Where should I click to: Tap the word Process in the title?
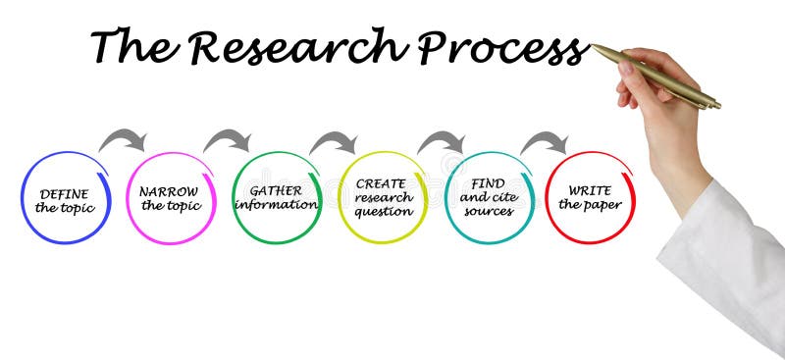point(501,48)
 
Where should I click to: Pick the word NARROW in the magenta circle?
point(170,191)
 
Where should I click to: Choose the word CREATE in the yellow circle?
point(381,183)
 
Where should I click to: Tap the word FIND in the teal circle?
point(488,183)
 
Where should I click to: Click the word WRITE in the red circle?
point(591,189)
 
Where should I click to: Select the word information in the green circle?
point(276,205)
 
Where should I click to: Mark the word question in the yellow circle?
point(383,211)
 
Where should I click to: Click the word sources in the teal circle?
point(488,210)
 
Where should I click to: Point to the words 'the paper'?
point(590,204)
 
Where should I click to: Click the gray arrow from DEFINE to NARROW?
point(124,139)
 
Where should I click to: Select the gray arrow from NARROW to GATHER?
point(229,139)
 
